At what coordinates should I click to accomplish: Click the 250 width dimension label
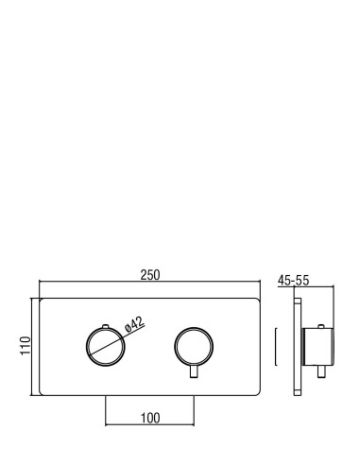[150, 275]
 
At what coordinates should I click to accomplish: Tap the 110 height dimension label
[26, 346]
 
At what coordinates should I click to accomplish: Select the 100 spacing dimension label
[150, 418]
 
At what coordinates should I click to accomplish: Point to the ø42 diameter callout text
[134, 324]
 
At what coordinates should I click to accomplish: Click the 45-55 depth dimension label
[294, 281]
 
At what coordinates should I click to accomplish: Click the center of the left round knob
[106, 346]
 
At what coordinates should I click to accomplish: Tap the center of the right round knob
[194, 346]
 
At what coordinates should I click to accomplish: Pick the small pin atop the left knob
[106, 326]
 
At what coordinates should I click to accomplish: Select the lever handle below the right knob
[194, 371]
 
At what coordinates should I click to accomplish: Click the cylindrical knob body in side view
[317, 347]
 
